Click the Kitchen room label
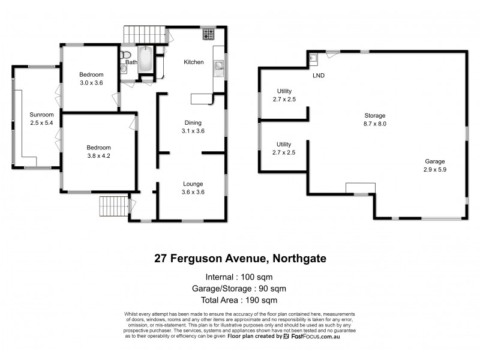(x=194, y=62)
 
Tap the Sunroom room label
(x=42, y=115)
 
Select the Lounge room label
(x=193, y=184)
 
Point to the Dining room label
(x=193, y=122)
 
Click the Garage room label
(x=435, y=161)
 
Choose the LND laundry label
(x=319, y=76)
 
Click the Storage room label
(x=375, y=115)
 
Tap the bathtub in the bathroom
(x=146, y=63)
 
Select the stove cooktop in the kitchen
(x=208, y=34)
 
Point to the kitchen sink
(x=218, y=65)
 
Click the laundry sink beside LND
(x=313, y=58)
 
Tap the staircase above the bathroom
(x=144, y=34)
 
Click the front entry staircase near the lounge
(x=114, y=206)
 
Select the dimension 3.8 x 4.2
(x=98, y=156)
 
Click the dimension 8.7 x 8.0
(x=375, y=124)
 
